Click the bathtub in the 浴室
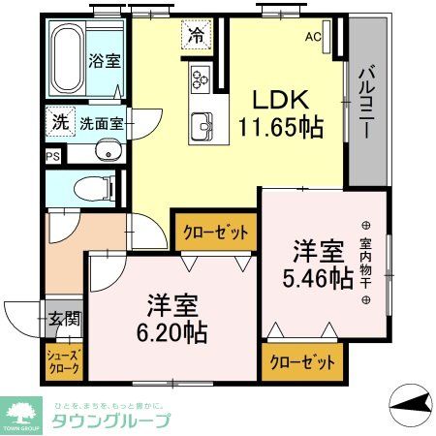tap(67, 60)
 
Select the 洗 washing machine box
tap(60, 123)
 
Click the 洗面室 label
tap(101, 123)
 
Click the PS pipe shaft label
tap(51, 155)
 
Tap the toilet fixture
tap(87, 187)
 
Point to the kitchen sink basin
tap(203, 124)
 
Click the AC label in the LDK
tap(313, 37)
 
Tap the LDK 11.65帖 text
tap(281, 112)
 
